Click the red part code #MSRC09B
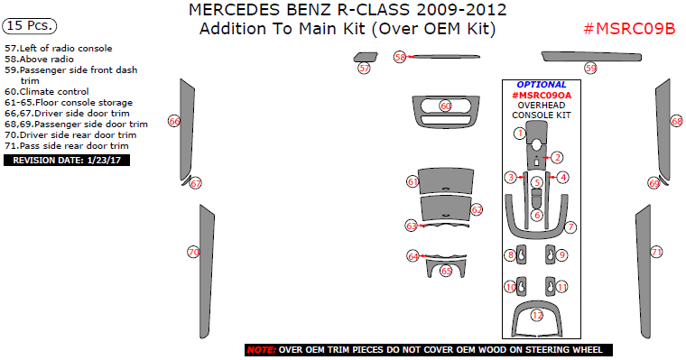click(x=630, y=28)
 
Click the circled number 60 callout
click(x=445, y=106)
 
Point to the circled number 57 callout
click(x=364, y=68)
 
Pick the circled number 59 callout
click(x=590, y=68)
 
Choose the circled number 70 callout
click(x=192, y=252)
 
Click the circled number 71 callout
click(x=657, y=252)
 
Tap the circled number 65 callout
click(x=446, y=271)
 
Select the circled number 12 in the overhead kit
click(x=537, y=316)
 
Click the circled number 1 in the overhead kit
click(x=520, y=134)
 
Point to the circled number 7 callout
click(x=570, y=226)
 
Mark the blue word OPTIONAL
click(x=542, y=84)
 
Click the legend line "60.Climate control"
click(x=47, y=91)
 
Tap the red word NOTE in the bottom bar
click(x=261, y=349)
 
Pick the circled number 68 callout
click(x=676, y=121)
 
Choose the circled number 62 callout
click(x=477, y=209)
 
